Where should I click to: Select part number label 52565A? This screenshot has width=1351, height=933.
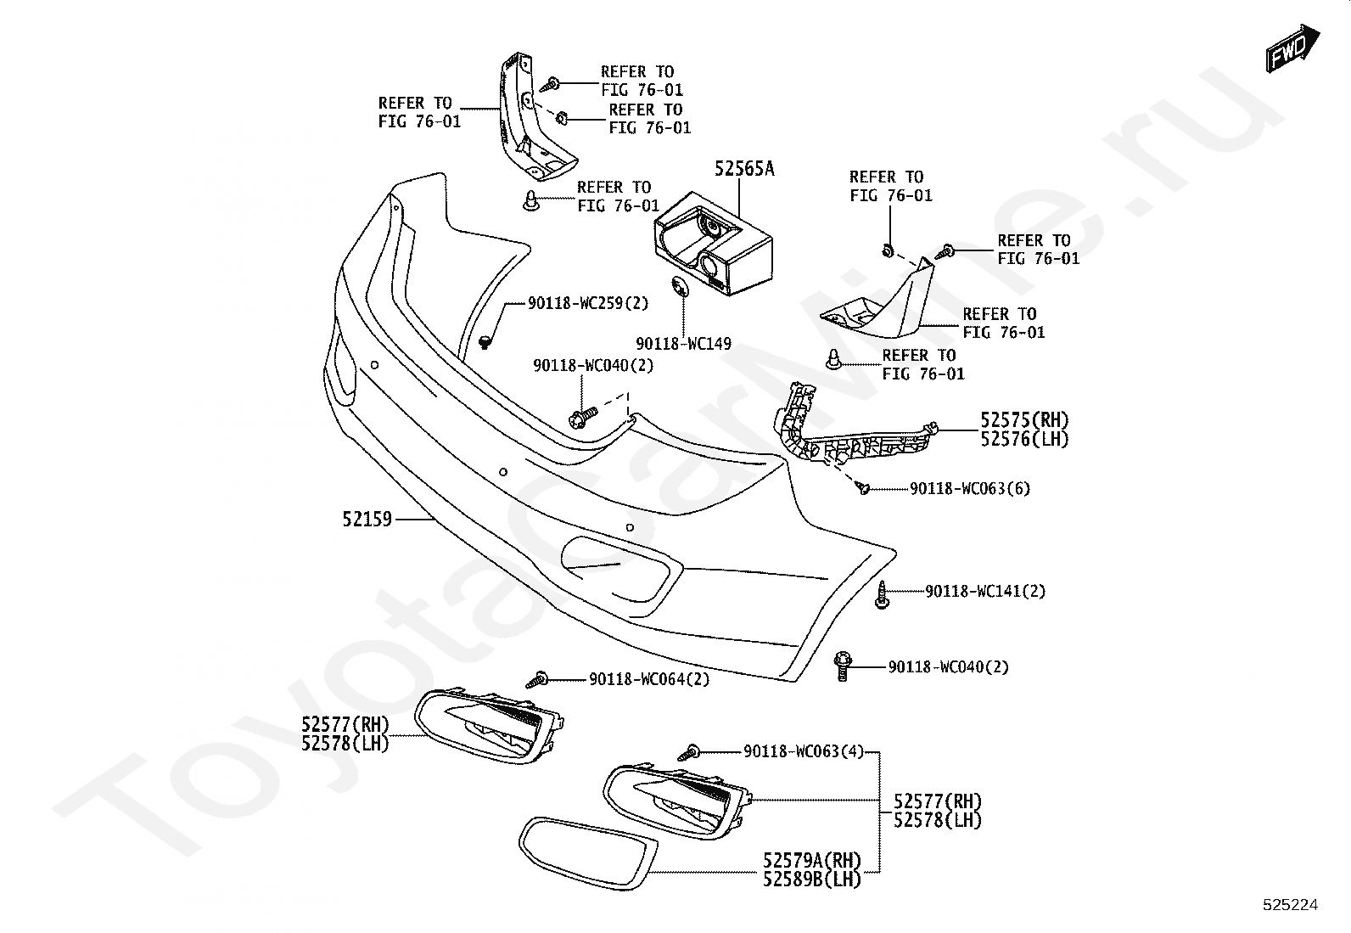point(743,169)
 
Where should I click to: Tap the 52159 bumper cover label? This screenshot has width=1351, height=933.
point(367,518)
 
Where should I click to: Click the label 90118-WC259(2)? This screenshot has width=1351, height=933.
point(587,302)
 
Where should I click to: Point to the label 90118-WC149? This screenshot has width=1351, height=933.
point(683,344)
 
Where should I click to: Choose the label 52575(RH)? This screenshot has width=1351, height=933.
point(1024,420)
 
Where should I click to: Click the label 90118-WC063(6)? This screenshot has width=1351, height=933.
point(969,489)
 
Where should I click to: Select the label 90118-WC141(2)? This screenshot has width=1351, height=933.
point(984,591)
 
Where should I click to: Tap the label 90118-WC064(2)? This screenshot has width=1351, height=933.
point(649,679)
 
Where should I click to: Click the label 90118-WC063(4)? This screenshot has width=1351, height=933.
point(803,751)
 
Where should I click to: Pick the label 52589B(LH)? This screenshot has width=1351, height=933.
point(812,880)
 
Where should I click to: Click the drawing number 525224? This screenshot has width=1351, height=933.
point(1290,905)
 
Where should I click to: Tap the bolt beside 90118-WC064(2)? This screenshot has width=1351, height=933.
point(537,678)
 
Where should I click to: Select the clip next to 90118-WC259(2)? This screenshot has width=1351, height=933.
point(486,342)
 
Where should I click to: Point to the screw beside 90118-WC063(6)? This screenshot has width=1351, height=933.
point(863,488)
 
